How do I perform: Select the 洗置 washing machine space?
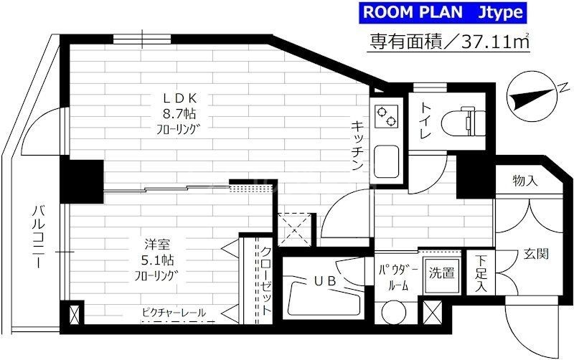coord(442,273)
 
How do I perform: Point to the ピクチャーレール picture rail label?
coord(174,313)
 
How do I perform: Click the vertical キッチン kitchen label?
coord(356,143)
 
